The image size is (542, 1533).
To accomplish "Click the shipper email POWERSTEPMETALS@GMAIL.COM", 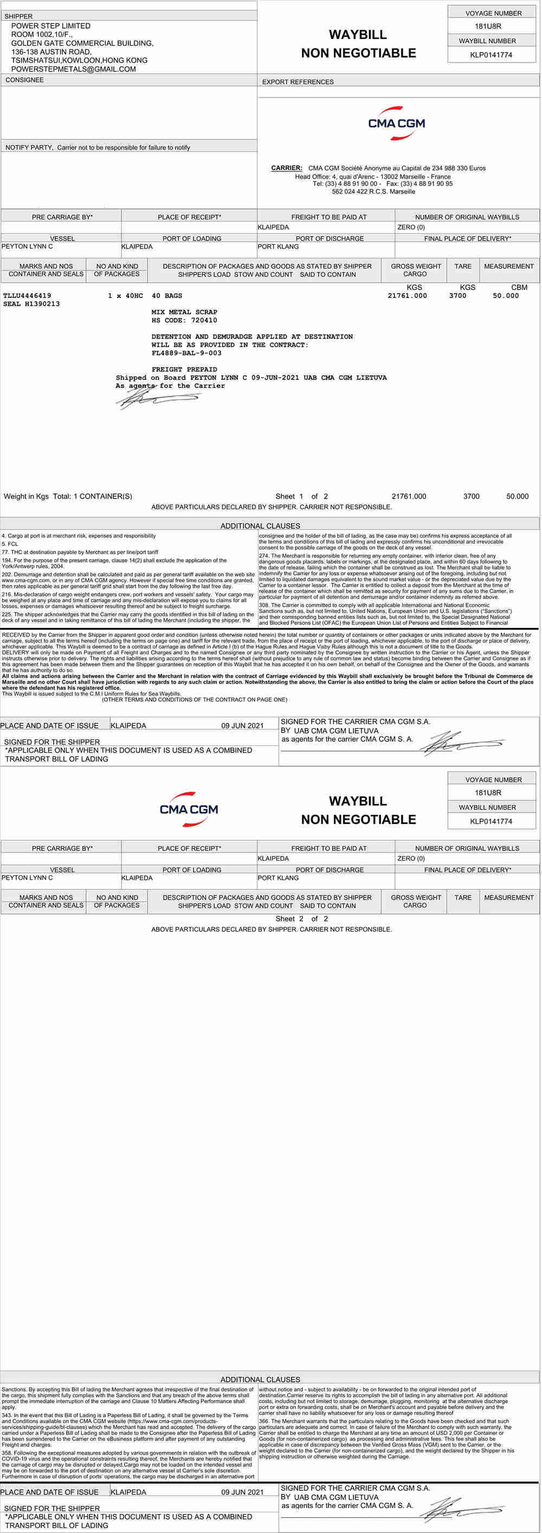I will click(73, 69).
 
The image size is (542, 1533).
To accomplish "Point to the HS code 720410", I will click(204, 320).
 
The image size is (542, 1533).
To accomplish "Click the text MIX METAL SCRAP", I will click(184, 312).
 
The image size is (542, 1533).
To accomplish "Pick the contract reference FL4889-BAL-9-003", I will click(186, 353).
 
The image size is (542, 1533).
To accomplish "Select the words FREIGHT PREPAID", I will click(184, 369).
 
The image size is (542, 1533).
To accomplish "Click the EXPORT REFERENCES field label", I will click(298, 82).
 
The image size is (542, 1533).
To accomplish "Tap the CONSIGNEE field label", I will click(24, 80).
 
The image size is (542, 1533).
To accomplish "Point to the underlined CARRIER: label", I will click(287, 168).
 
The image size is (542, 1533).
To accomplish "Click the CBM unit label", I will click(519, 288).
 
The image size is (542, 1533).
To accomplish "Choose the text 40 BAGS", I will click(167, 296).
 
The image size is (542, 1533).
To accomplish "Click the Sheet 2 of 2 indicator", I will click(301, 918).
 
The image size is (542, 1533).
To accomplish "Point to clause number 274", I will click(264, 556).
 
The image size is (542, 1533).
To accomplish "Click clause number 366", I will click(264, 1421).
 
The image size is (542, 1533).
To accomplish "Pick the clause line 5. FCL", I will click(10, 544).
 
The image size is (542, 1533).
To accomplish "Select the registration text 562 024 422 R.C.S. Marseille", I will click(373, 192).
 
